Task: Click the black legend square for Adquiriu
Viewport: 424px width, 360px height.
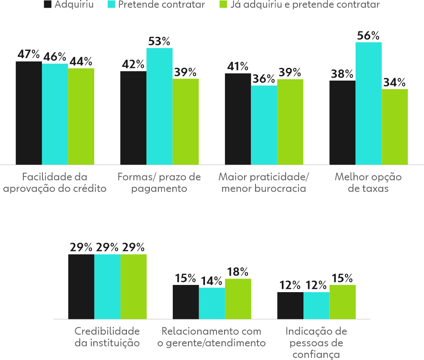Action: (x=48, y=5)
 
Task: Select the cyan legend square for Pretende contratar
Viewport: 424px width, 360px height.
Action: (x=112, y=5)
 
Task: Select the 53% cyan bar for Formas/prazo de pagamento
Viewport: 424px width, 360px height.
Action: (x=160, y=106)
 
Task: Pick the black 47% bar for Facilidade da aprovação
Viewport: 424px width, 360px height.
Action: (x=29, y=112)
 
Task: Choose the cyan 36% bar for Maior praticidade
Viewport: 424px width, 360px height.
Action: (x=264, y=125)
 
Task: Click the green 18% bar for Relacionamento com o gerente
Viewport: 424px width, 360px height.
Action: (x=238, y=299)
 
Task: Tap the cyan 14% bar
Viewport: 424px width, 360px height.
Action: (x=212, y=303)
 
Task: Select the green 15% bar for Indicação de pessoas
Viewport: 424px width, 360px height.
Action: (x=343, y=301)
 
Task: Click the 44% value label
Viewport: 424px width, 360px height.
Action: (x=81, y=62)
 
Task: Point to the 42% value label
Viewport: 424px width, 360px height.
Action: (x=133, y=64)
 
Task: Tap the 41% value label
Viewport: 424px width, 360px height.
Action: (x=238, y=67)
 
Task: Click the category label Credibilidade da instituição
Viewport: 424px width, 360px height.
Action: (x=107, y=337)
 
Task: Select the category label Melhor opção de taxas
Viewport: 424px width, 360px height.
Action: (x=368, y=183)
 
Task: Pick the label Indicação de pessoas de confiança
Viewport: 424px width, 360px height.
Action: (x=316, y=343)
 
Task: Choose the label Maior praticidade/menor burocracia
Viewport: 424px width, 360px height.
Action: (x=264, y=183)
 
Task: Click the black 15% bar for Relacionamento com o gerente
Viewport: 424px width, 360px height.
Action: (x=185, y=301)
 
